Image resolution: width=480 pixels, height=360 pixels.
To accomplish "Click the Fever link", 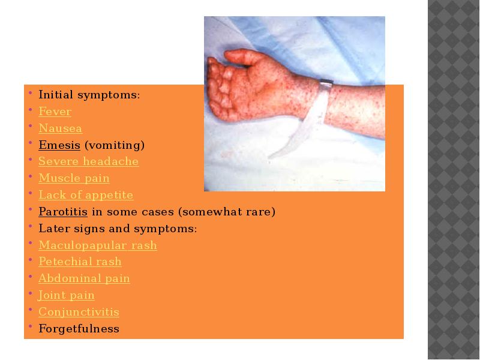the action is (x=55, y=112).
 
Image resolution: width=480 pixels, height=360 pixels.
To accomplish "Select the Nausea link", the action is (x=61, y=128).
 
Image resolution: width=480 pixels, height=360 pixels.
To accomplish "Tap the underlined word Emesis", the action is (x=59, y=145).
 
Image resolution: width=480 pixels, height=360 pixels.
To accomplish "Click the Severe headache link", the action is (x=88, y=161).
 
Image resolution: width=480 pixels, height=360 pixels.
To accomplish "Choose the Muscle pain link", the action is (x=74, y=178).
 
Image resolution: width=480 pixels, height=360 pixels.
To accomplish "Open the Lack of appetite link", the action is (x=86, y=195).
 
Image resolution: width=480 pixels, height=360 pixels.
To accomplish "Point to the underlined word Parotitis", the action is (x=63, y=212).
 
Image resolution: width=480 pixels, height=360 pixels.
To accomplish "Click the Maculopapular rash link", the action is (x=98, y=245).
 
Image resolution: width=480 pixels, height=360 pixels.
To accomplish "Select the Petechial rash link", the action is (x=80, y=262).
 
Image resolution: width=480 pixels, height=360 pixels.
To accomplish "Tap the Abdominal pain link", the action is (x=84, y=278).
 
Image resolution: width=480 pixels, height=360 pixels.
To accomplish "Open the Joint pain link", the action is (x=66, y=295).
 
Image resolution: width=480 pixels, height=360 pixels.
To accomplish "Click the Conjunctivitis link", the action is (x=79, y=312).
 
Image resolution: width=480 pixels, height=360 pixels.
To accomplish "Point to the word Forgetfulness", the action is (x=79, y=329).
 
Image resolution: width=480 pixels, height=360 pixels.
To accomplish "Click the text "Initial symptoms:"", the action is (x=89, y=95).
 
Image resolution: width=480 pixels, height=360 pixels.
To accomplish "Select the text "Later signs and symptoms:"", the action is (x=118, y=229).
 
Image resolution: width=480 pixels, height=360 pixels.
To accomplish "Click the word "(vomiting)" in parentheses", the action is (x=115, y=145).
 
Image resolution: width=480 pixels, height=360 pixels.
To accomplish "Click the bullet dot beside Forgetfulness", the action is (x=31, y=326).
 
